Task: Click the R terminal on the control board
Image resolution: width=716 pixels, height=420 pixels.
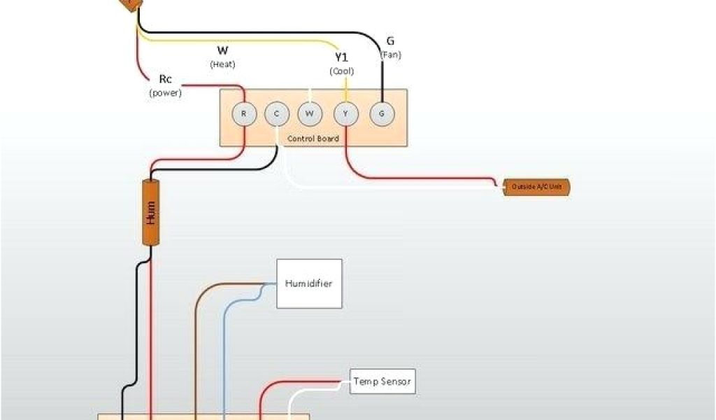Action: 243,113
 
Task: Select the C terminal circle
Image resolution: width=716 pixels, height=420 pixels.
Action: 276,113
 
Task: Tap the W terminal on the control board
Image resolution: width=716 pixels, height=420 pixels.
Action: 309,113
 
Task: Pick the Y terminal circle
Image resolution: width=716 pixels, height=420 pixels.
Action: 345,113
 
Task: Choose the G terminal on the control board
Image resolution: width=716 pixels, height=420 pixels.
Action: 381,113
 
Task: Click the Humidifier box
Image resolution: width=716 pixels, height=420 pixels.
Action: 309,283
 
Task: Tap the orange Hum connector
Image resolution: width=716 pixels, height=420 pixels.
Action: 150,212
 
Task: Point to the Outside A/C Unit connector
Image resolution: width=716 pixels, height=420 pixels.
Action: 536,187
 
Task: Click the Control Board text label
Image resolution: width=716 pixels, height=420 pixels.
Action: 313,139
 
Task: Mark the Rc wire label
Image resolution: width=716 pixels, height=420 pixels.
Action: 165,79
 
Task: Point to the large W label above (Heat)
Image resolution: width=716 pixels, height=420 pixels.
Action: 222,50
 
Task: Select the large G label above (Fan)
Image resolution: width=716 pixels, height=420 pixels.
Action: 390,41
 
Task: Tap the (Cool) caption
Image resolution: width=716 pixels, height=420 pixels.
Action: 342,71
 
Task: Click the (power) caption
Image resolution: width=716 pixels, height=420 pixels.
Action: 165,92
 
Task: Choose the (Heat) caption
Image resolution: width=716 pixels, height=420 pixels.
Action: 222,64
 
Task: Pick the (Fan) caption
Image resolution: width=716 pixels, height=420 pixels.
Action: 390,55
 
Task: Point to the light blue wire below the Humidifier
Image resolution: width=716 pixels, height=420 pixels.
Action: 224,350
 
